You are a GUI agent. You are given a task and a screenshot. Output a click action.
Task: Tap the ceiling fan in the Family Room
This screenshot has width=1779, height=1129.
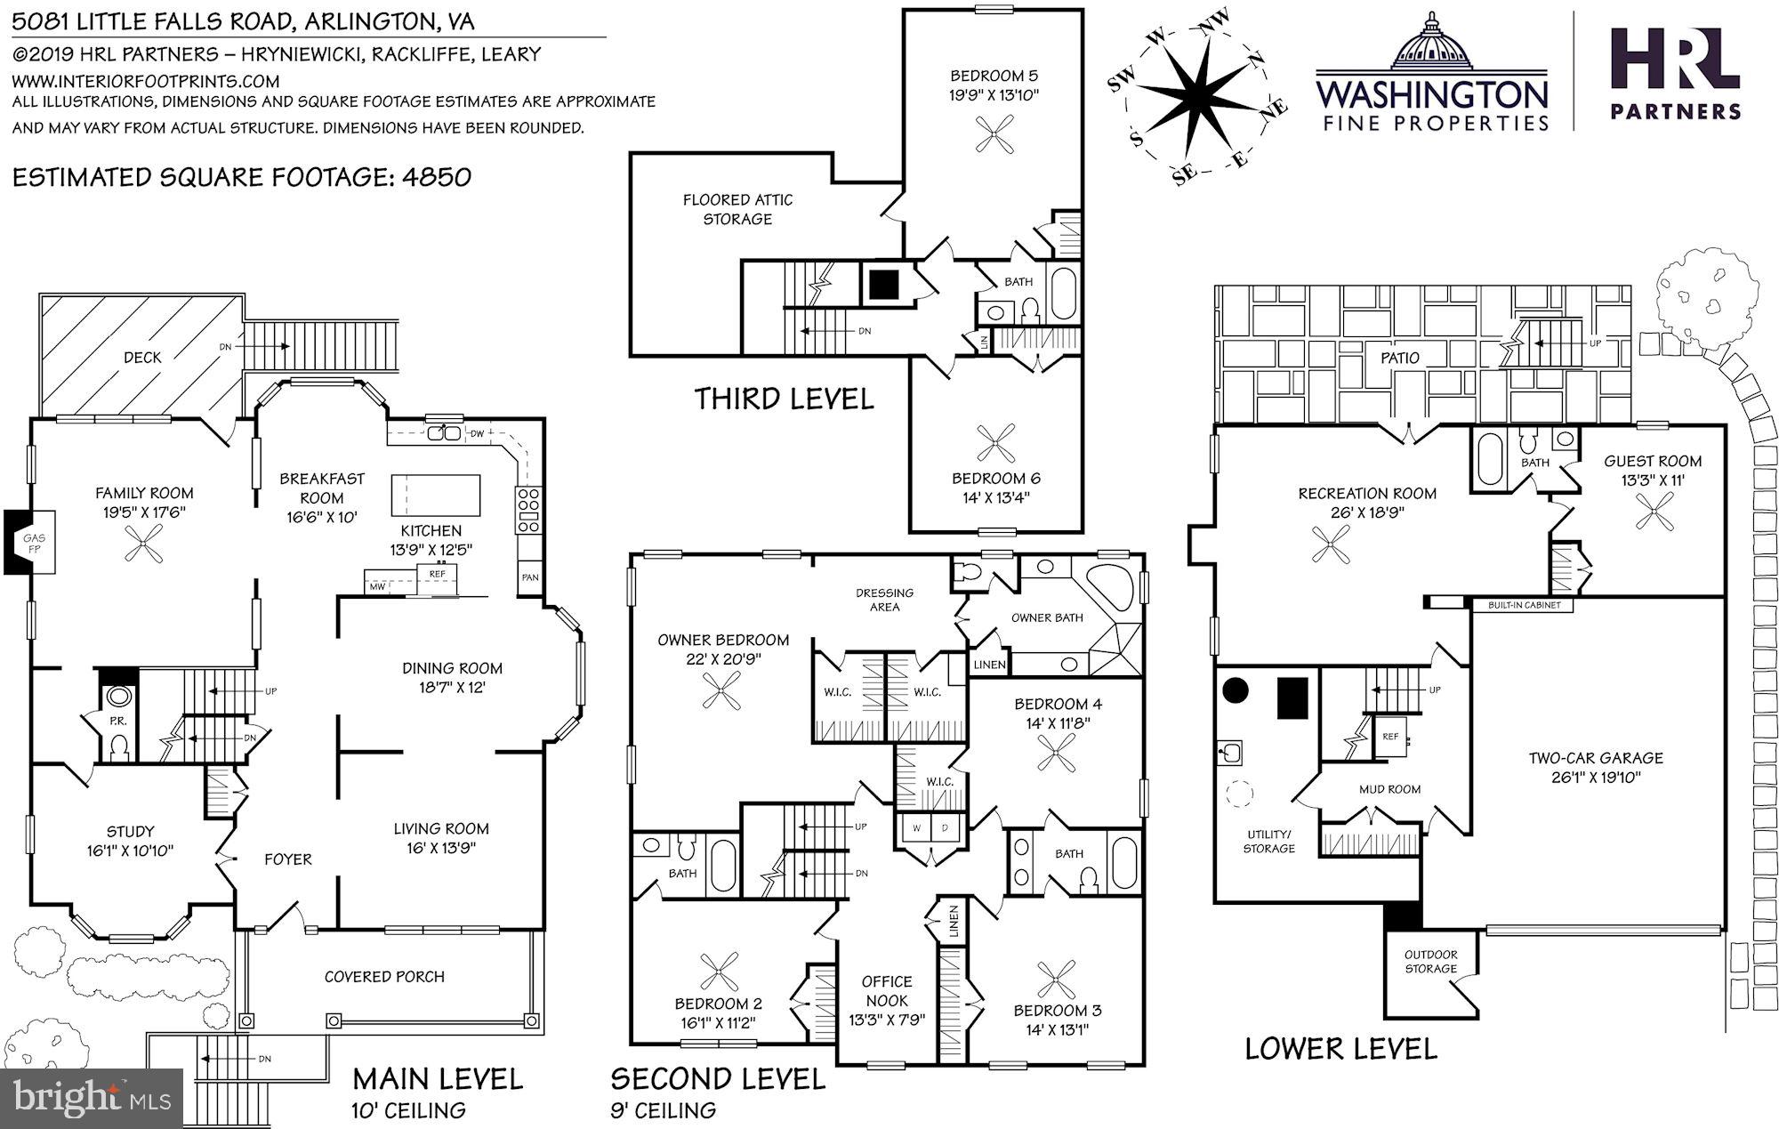pyautogui.click(x=144, y=543)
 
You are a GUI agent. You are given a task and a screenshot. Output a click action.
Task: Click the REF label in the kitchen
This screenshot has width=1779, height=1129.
pyautogui.click(x=437, y=575)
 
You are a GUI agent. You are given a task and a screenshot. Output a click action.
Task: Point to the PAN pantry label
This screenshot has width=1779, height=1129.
pyautogui.click(x=530, y=577)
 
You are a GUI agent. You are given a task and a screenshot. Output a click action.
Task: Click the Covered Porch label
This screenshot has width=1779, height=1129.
pyautogui.click(x=384, y=976)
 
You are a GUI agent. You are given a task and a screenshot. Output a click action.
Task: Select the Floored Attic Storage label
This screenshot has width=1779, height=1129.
pyautogui.click(x=737, y=209)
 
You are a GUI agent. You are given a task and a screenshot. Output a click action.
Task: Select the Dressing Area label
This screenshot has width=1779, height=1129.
pyautogui.click(x=884, y=600)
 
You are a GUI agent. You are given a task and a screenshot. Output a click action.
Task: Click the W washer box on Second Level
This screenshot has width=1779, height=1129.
pyautogui.click(x=916, y=827)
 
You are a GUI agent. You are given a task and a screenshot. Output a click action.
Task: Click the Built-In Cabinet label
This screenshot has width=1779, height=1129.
pyautogui.click(x=1524, y=605)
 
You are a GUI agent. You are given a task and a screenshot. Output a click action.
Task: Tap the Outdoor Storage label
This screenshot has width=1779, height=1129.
pyautogui.click(x=1430, y=962)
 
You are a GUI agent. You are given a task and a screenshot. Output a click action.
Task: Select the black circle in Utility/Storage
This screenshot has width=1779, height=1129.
pyautogui.click(x=1236, y=690)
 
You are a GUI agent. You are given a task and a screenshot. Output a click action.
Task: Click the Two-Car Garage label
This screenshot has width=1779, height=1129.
pyautogui.click(x=1596, y=767)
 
